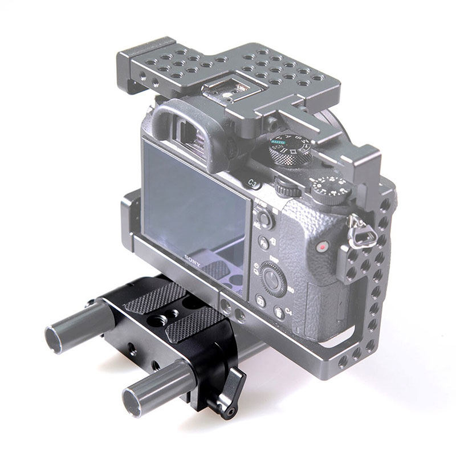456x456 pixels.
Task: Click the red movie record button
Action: point(323,247)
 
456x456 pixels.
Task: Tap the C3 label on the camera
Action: point(255,184)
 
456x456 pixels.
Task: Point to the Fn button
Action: point(263,243)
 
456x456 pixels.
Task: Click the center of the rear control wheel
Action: point(273,279)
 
